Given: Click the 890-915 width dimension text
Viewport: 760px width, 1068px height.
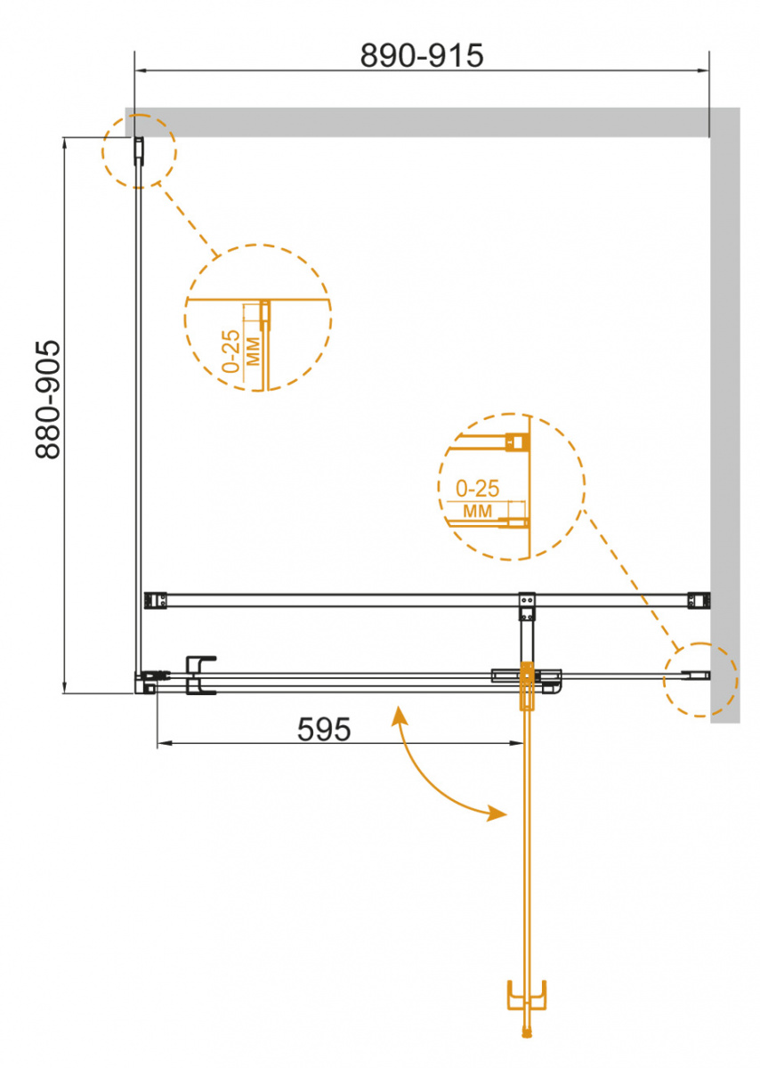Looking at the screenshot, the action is [422, 55].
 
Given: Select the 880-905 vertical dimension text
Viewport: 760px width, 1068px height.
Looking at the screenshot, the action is [48, 399].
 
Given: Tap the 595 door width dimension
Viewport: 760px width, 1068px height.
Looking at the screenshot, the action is [324, 729].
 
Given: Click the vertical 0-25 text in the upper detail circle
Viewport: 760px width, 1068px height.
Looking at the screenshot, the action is [231, 351].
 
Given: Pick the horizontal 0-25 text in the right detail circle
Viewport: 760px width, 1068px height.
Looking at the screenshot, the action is [477, 489].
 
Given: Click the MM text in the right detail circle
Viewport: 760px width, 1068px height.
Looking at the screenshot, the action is [478, 511].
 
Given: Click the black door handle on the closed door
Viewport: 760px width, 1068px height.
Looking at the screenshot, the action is [201, 675].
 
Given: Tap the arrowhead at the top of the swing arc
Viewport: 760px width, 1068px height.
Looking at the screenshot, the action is [399, 716].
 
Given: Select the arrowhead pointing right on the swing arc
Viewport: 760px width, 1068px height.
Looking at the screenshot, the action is [497, 813].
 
